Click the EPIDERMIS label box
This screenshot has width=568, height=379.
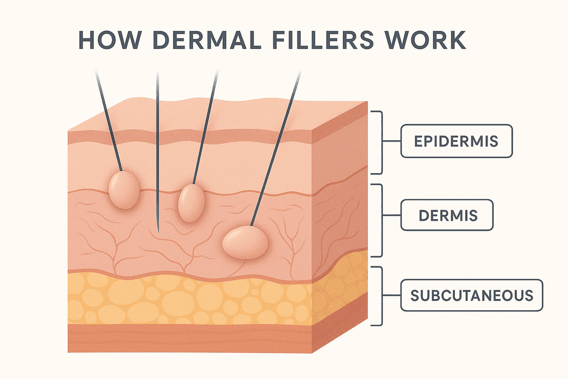[457, 141]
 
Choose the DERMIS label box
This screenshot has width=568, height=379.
[447, 215]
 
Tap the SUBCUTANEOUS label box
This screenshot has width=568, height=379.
[471, 295]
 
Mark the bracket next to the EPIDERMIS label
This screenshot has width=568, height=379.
[380, 142]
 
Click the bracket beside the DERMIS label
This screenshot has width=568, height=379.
[380, 220]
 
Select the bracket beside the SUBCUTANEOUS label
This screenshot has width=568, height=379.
[380, 295]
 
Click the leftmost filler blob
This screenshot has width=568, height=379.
[124, 190]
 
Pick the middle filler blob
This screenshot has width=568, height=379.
[191, 203]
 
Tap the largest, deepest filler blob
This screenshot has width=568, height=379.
[245, 242]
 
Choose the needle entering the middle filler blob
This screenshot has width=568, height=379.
[204, 128]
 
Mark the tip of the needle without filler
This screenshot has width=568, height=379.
[158, 230]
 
